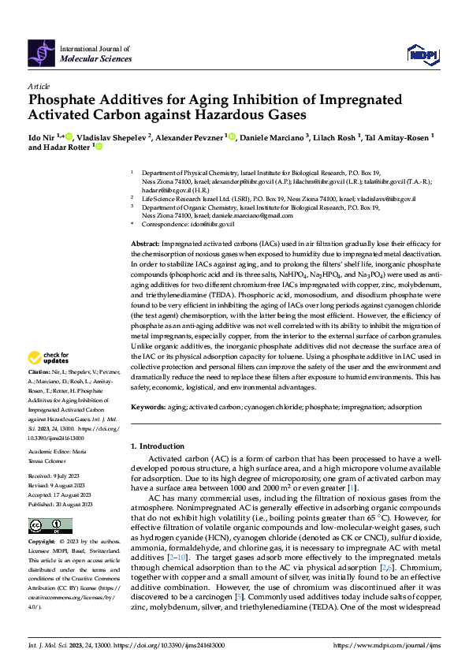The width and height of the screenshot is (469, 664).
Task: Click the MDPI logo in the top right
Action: pos(422,53)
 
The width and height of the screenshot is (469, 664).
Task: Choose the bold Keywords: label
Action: pos(148,407)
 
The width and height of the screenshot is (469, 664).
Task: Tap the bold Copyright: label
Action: pos(41,542)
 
